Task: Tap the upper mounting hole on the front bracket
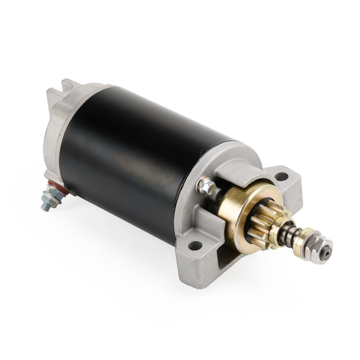(x=281, y=176)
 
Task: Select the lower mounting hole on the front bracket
(x=195, y=246)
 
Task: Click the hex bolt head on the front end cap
(x=206, y=186)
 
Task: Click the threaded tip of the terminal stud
(x=45, y=207)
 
